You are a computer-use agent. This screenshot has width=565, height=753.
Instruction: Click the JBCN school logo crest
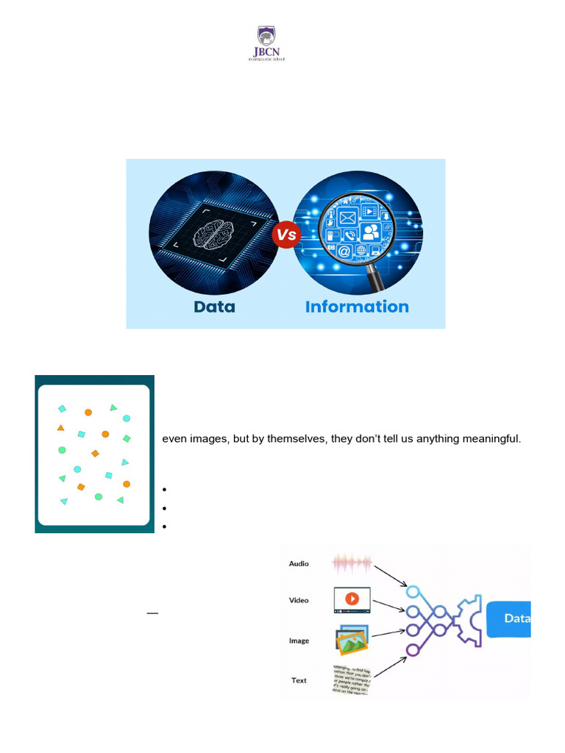(x=266, y=37)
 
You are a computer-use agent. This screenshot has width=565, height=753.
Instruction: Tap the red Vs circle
(x=285, y=235)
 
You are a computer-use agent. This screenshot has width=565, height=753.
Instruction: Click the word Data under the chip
(x=214, y=306)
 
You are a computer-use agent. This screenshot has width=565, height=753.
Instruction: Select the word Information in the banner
(x=357, y=306)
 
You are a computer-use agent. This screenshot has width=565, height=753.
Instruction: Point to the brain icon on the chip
(x=213, y=234)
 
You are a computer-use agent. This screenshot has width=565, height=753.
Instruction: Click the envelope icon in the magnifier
(x=347, y=218)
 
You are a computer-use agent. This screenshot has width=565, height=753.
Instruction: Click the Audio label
(x=299, y=564)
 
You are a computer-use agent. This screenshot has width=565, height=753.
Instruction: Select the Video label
(x=299, y=600)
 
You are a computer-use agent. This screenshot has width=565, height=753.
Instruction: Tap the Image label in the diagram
(x=299, y=640)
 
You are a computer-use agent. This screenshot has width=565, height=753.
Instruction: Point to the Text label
(x=299, y=680)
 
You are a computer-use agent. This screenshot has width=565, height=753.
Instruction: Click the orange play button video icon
(x=352, y=599)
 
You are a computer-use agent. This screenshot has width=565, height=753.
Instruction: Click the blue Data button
(x=511, y=618)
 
